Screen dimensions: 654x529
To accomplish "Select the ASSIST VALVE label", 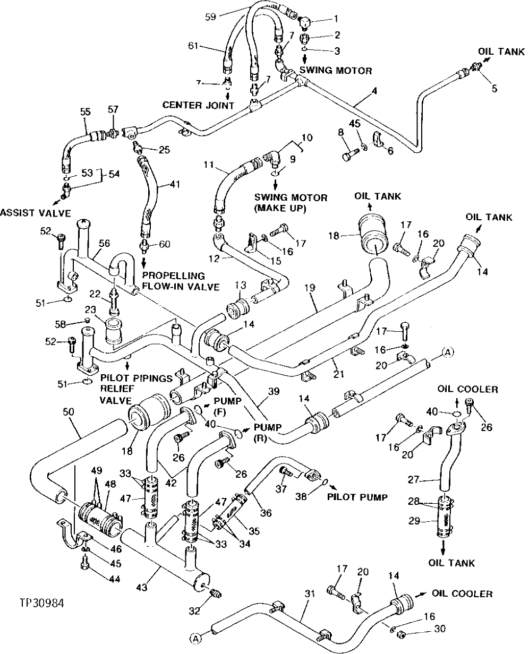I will (36, 213).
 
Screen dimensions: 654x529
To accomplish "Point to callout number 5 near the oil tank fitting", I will (494, 89).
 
